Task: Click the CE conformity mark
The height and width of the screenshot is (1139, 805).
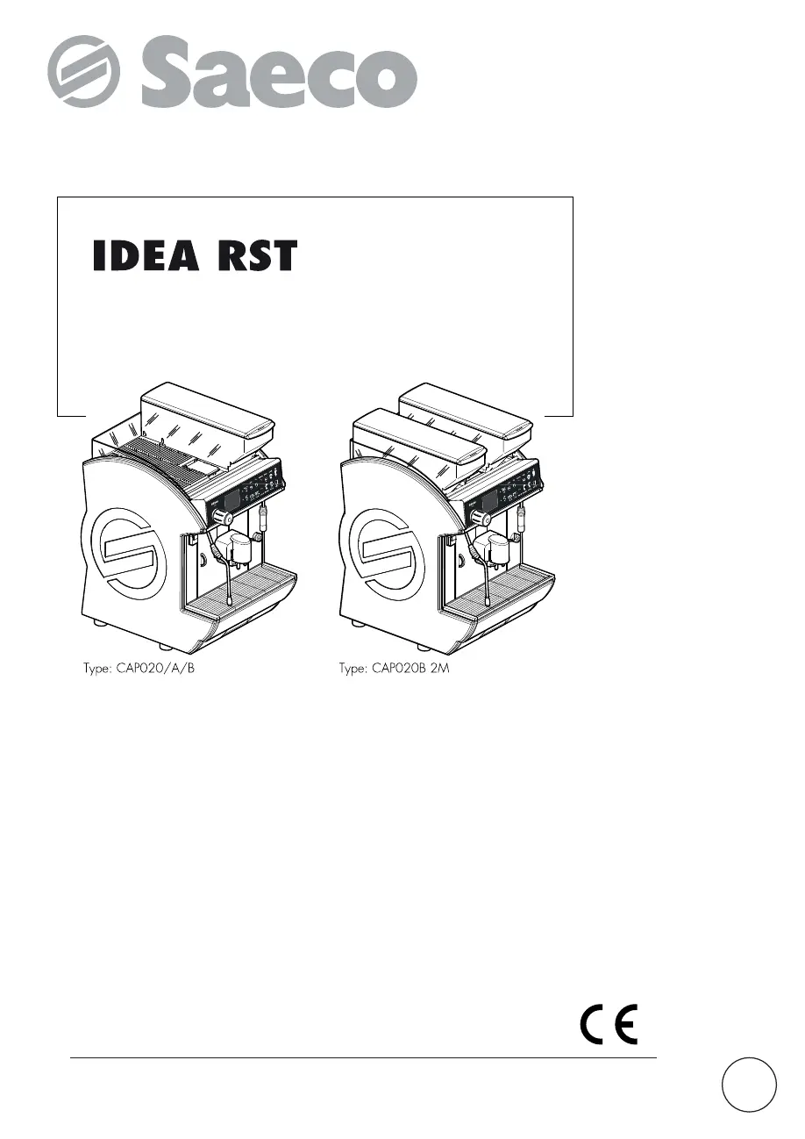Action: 609,1025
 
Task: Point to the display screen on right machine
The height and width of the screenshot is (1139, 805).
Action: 488,499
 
